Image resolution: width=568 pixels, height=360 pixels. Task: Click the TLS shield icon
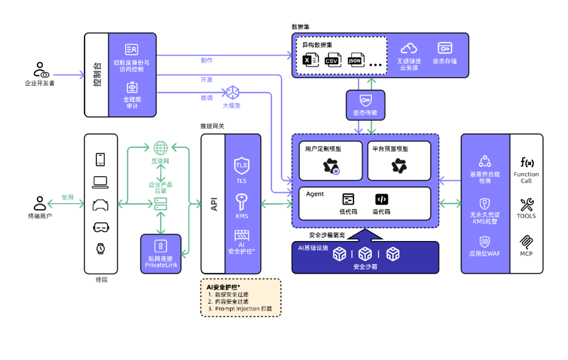click(241, 165)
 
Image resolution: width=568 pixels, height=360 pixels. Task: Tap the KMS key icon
click(241, 202)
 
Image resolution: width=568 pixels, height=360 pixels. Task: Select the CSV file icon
click(331, 60)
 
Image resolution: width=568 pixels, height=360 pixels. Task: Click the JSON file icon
click(355, 60)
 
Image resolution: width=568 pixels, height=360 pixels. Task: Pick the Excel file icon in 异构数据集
click(309, 60)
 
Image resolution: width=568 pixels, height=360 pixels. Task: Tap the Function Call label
click(526, 177)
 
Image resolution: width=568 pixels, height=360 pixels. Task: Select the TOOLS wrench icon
click(526, 204)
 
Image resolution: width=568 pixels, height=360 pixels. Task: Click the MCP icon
click(526, 242)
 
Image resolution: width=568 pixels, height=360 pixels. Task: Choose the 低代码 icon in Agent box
click(348, 199)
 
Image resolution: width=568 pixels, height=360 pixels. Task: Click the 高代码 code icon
click(381, 199)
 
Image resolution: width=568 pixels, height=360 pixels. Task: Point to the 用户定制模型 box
click(331, 160)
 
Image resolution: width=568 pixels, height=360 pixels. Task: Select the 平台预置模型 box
click(399, 160)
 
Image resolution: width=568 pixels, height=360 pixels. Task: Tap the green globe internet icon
click(160, 148)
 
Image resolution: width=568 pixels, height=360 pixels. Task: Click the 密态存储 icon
click(445, 48)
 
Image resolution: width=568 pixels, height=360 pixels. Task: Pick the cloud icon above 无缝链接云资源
click(409, 48)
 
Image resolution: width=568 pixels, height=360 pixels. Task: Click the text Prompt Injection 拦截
click(244, 309)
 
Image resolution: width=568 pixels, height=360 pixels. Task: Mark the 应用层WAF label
click(485, 254)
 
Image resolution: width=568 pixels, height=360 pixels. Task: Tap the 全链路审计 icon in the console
click(132, 87)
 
